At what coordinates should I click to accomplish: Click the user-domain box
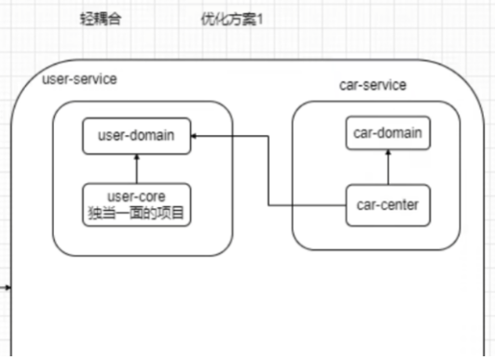(x=136, y=136)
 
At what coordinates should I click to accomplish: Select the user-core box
(x=136, y=204)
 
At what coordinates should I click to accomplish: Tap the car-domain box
(x=388, y=134)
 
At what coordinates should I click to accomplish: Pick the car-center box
(x=389, y=205)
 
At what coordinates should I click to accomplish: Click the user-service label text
(x=79, y=79)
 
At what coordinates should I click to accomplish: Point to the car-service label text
(x=372, y=85)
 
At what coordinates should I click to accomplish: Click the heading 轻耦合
(x=102, y=19)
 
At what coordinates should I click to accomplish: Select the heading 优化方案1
(x=231, y=19)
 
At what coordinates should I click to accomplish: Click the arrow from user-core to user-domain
(x=136, y=170)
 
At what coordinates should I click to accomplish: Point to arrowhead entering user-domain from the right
(x=195, y=136)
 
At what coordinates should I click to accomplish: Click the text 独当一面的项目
(x=136, y=214)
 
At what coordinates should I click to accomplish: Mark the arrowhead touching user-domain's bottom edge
(x=136, y=158)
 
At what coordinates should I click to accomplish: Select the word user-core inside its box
(x=136, y=197)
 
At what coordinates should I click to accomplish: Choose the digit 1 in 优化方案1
(x=259, y=19)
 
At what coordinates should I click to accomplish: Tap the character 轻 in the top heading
(x=88, y=19)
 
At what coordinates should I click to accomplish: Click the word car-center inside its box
(x=389, y=205)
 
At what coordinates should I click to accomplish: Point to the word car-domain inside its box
(x=388, y=134)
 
